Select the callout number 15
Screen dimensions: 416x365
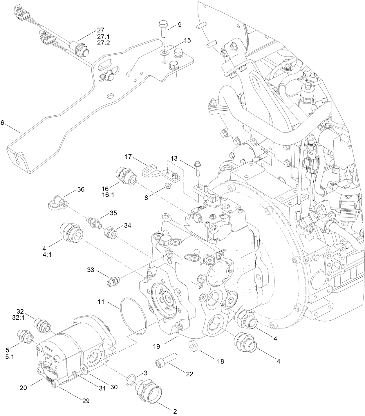[x=187, y=40]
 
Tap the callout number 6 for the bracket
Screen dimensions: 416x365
[x=2, y=123]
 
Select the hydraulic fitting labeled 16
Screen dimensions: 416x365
[x=127, y=177]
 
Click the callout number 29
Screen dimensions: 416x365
[x=86, y=401]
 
